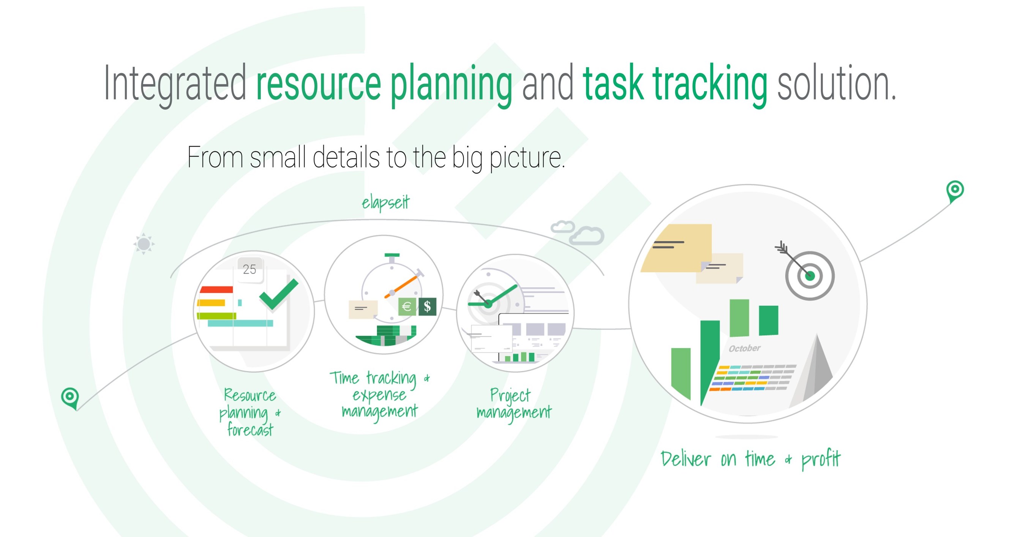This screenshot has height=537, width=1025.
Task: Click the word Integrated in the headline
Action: point(175,84)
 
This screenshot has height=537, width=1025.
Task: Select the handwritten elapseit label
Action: point(385,202)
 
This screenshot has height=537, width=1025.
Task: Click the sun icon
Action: point(144,243)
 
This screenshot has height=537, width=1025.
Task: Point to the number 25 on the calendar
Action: point(250,269)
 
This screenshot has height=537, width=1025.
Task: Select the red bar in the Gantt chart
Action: point(216,289)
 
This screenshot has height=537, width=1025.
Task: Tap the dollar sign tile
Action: point(427,306)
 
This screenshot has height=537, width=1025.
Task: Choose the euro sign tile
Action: point(407,307)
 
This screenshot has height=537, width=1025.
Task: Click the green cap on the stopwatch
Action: point(392,255)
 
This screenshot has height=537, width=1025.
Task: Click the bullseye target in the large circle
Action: point(810,276)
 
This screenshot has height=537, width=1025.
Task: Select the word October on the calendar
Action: point(744,349)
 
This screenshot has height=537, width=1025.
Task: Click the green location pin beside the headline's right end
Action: point(955,191)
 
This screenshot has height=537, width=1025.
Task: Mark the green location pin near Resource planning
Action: point(69,398)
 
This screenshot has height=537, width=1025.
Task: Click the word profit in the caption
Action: point(821,459)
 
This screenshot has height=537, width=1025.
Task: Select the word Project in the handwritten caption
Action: point(510,396)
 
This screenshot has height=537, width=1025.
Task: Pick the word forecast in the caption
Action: point(250,430)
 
